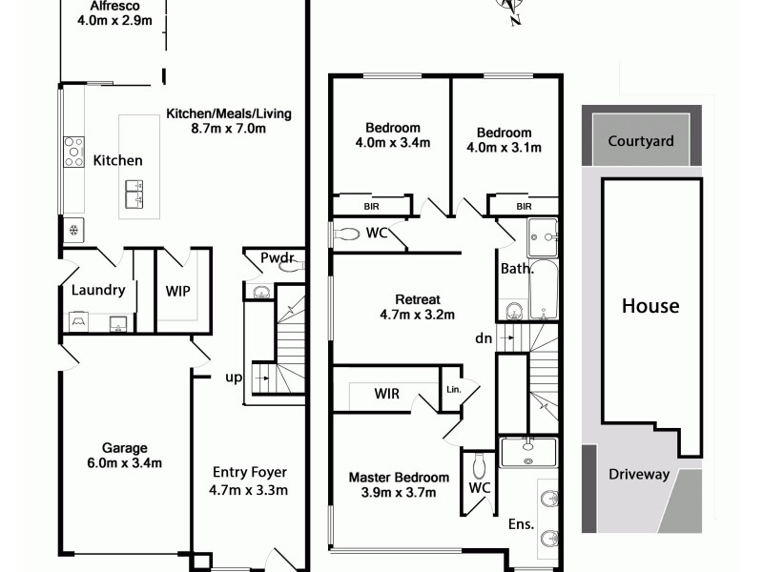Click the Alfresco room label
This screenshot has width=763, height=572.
(109, 5)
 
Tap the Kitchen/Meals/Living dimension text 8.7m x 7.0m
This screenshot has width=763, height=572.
(229, 129)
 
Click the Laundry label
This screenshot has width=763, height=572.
(98, 290)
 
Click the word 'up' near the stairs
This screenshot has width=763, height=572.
(232, 378)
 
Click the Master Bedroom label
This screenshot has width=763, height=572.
(399, 478)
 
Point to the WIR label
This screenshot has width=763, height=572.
(387, 392)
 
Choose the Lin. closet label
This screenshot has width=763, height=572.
(453, 389)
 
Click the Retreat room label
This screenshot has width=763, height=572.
(418, 296)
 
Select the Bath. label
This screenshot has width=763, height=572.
(516, 269)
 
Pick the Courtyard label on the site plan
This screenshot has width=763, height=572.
(641, 141)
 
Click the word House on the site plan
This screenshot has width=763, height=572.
(650, 306)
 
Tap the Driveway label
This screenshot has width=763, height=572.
(639, 475)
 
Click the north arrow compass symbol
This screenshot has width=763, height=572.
(508, 11)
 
